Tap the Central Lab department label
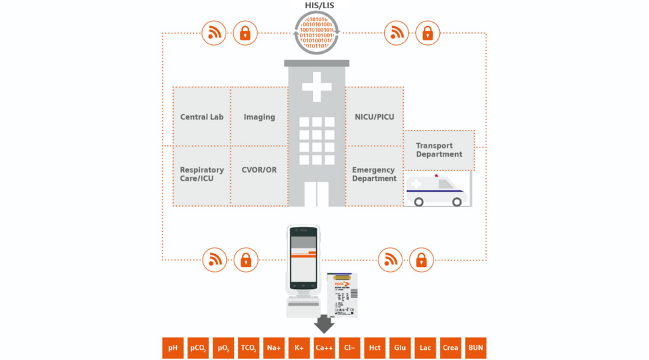(202, 117)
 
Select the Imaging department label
(259, 117)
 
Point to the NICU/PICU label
(374, 117)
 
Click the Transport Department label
(439, 150)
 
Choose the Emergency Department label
(374, 174)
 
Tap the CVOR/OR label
(259, 170)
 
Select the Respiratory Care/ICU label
(202, 174)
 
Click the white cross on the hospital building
(316, 86)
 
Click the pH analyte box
(172, 348)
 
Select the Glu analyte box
(400, 348)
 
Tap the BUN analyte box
(475, 348)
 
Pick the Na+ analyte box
(274, 348)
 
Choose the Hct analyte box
(375, 348)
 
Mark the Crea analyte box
(450, 348)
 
